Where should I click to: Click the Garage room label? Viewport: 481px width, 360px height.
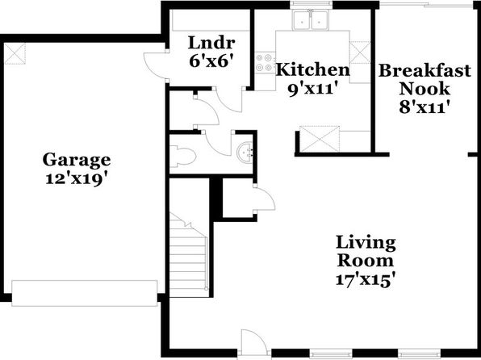[x=77, y=160]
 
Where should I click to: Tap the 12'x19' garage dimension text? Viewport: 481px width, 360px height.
[x=77, y=179]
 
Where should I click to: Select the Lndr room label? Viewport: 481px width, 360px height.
[x=211, y=43]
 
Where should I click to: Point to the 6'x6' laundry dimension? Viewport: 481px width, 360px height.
[x=209, y=61]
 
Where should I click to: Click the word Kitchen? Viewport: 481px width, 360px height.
[x=313, y=69]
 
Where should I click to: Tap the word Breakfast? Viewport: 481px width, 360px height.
[x=425, y=70]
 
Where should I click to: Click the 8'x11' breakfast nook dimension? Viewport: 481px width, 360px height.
[x=425, y=107]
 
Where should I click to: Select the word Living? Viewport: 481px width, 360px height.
[x=366, y=242]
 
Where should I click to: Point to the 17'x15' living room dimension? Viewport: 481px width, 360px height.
[x=365, y=279]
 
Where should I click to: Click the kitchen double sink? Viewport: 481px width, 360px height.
[x=311, y=20]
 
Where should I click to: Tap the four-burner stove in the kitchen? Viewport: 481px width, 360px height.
[x=264, y=62]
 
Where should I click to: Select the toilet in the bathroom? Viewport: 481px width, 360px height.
[x=183, y=157]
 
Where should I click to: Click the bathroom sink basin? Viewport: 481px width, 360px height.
[x=245, y=151]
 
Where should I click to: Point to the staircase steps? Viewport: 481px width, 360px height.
[x=189, y=255]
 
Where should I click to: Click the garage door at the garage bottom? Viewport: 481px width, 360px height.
[x=85, y=293]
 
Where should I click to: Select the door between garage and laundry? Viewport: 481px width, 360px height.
[x=155, y=65]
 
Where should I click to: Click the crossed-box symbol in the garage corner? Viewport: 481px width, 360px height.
[x=15, y=54]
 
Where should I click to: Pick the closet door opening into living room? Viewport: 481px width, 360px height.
[x=265, y=199]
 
